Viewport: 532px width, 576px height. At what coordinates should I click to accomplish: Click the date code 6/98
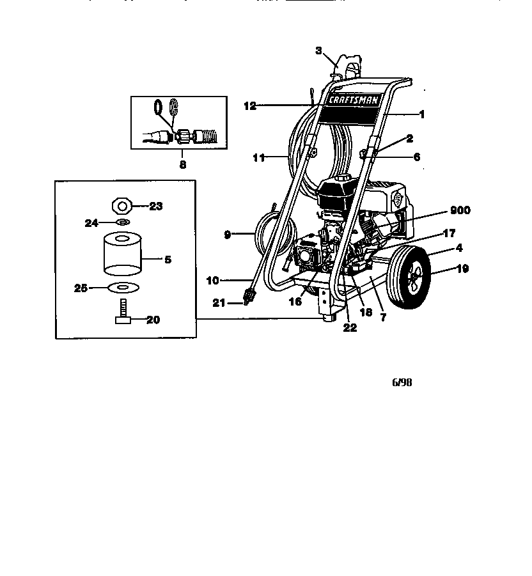402,384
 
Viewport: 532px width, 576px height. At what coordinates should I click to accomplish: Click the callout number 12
250,106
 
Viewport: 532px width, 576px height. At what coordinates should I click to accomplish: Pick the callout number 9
227,235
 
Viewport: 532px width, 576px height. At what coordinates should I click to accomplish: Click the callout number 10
212,280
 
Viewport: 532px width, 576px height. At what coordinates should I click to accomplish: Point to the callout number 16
295,301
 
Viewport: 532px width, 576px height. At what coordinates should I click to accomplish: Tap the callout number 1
421,114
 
